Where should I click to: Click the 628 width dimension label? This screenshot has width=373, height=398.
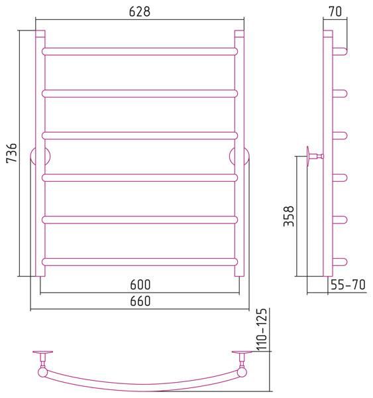pyautogui.click(x=140, y=12)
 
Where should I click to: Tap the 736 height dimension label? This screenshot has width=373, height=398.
pyautogui.click(x=12, y=153)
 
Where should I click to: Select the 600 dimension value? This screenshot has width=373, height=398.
pyautogui.click(x=140, y=285)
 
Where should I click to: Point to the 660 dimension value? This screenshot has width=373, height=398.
pyautogui.click(x=140, y=301)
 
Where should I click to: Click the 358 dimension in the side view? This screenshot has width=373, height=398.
pyautogui.click(x=289, y=216)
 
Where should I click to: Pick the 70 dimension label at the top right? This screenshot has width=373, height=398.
pyautogui.click(x=335, y=11)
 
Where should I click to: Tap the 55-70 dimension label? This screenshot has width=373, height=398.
pyautogui.click(x=348, y=285)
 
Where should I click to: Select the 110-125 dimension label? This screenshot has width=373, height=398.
pyautogui.click(x=262, y=330)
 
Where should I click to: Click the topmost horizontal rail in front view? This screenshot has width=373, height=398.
pyautogui.click(x=140, y=52)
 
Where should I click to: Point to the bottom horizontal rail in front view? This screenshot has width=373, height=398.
pyautogui.click(x=140, y=262)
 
